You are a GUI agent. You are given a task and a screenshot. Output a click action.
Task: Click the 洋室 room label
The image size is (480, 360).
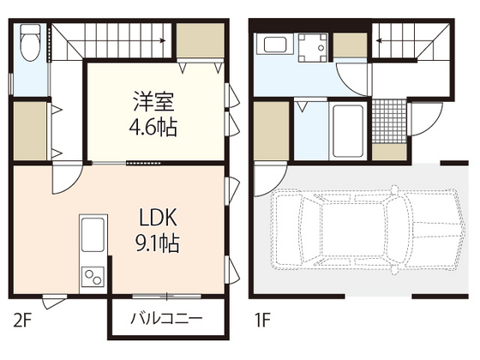click(155, 100)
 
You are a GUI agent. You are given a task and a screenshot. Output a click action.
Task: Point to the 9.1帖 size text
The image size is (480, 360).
click(155, 244)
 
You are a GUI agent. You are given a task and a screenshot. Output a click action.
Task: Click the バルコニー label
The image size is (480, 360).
click(166, 319)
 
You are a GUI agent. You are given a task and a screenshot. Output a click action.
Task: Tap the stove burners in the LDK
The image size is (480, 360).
click(92, 277)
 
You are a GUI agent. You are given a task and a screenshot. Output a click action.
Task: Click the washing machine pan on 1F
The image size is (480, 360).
click(314, 48)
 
